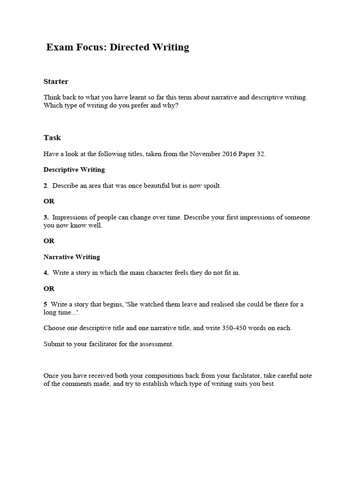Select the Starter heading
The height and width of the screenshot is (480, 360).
[56, 82]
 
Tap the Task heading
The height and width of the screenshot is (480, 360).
[52, 138]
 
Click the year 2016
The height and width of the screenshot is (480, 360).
[232, 154]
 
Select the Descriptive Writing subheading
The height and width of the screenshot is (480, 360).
[74, 170]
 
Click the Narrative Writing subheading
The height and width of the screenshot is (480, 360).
[72, 257]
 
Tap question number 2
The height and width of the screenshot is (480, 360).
[45, 186]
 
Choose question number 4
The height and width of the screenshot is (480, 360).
[45, 273]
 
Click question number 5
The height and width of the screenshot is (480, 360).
[45, 304]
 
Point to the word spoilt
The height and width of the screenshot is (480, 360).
[210, 186]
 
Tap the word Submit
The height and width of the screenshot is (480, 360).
[54, 344]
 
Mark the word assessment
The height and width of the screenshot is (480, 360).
[157, 344]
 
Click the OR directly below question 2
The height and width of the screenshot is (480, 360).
[49, 201]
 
